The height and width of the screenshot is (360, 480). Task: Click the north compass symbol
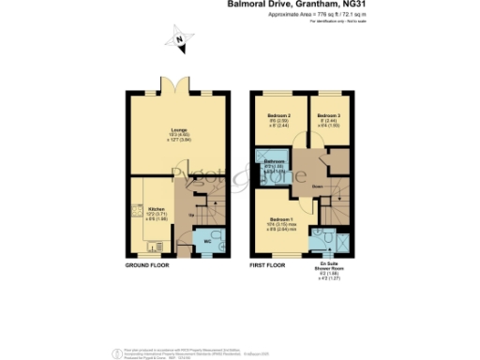click(x=178, y=40)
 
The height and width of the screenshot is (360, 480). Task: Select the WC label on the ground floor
click(x=208, y=243)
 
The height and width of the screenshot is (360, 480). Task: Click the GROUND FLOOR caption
click(x=152, y=266)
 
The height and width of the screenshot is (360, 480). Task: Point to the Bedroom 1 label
click(x=270, y=217)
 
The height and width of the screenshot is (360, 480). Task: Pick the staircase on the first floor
click(x=331, y=202)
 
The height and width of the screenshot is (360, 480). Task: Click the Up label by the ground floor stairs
click(x=194, y=215)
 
